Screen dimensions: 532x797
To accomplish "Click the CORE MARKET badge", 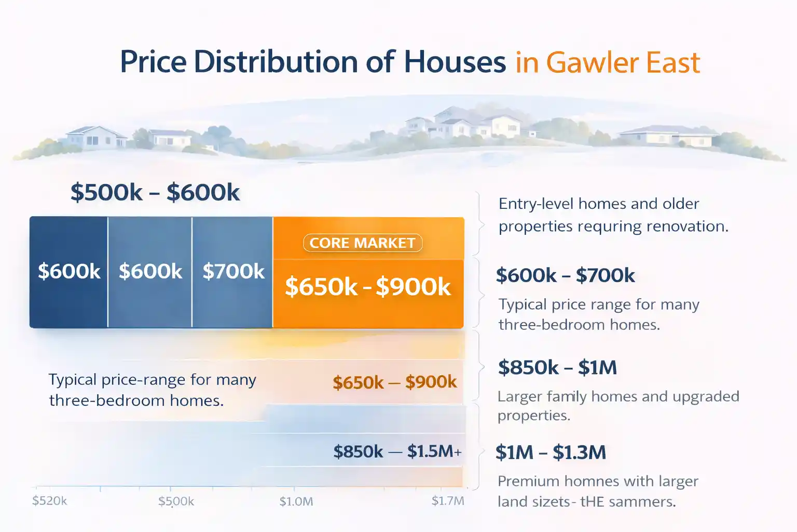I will coord(362,243).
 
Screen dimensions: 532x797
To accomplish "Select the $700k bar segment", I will coord(233,271).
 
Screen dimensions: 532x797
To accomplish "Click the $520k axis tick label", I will coord(49,501).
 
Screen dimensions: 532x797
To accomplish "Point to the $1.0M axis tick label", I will coord(296,501).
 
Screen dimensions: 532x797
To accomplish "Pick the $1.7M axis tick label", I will coord(448,501).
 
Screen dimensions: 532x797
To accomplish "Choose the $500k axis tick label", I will coord(176,501).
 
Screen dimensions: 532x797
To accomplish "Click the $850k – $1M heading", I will coord(557,367).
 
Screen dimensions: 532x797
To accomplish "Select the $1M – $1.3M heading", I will coord(551,452).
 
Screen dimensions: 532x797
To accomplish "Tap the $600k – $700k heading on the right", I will coord(565,275).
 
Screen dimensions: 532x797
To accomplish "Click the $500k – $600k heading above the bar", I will coord(155,192).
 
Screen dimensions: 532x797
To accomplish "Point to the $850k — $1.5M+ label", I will coord(397,451).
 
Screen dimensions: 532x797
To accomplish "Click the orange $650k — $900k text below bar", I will coord(394,382).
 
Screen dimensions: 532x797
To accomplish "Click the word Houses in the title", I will coord(455,62).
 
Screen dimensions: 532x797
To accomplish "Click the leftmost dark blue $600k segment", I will coord(68,271).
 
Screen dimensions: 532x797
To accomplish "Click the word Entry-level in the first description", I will coord(536,204).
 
